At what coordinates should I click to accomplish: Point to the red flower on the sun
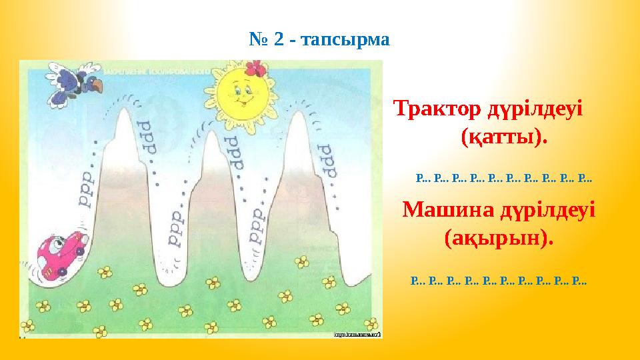(x=255, y=68)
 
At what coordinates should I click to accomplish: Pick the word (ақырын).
(x=498, y=238)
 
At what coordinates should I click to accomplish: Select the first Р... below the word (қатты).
(x=423, y=179)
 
